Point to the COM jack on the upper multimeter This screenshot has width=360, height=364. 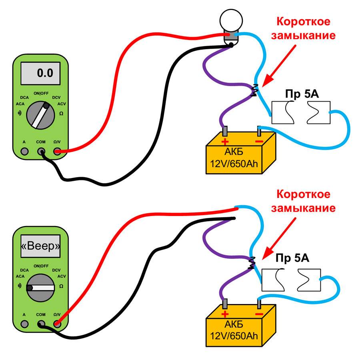[41, 151]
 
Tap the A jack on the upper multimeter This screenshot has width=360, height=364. [24, 151]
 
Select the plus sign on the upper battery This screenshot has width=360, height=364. [225, 141]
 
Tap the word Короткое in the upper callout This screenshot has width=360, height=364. [304, 22]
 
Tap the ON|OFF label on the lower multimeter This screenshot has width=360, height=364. [41, 266]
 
